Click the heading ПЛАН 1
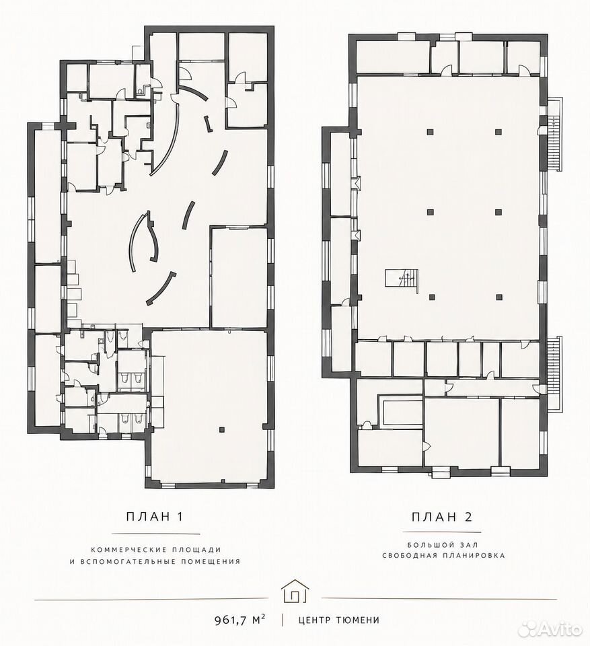154,517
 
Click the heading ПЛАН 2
442,517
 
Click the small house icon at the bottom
295,591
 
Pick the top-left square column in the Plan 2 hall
430,132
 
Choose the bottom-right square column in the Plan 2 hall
499,297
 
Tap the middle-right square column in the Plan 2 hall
499,212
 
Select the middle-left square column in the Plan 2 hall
430,212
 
